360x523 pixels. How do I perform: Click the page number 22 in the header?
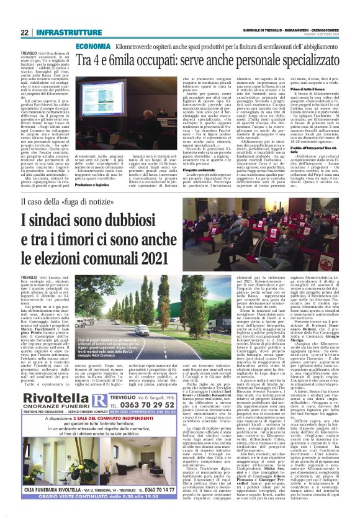click(x=24, y=32)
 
